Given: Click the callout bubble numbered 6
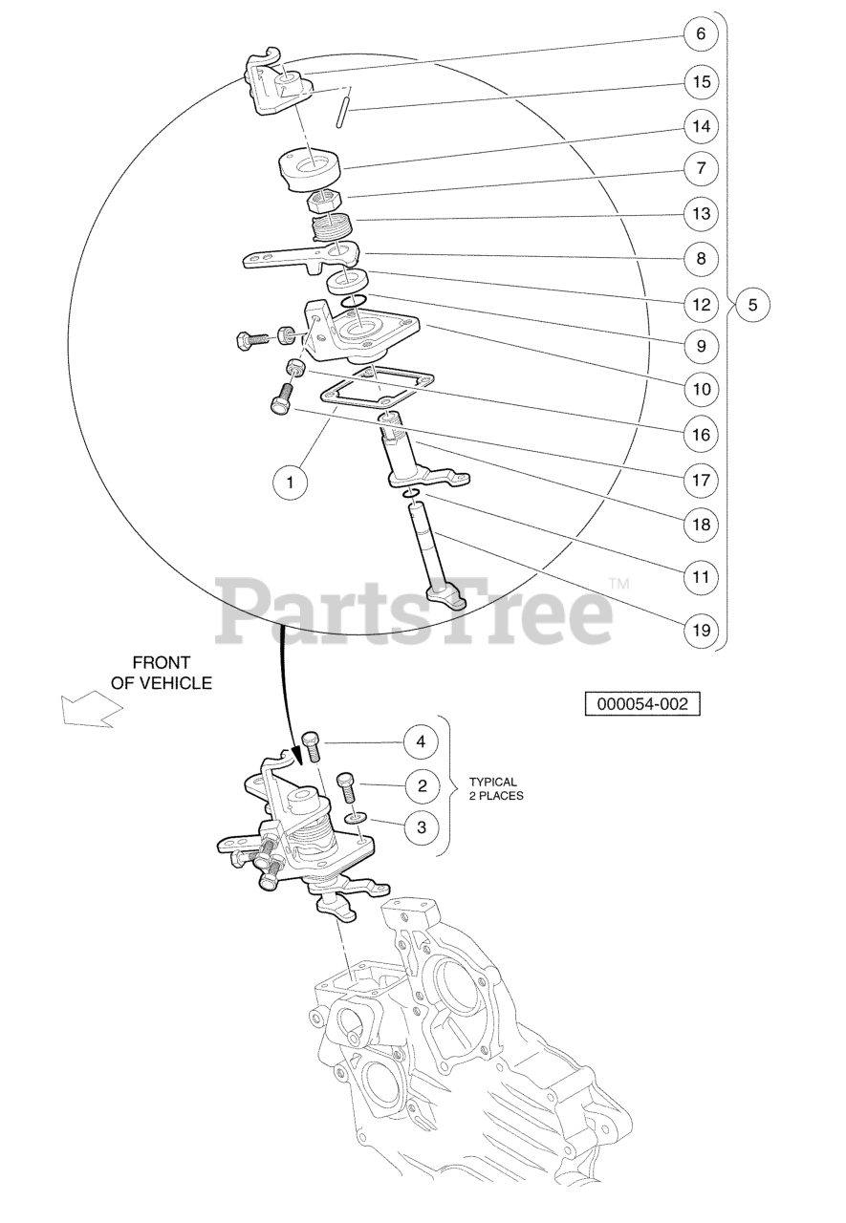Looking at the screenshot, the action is [702, 33].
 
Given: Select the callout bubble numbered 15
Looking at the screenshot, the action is [702, 82].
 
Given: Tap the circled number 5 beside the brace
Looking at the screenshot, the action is [752, 305].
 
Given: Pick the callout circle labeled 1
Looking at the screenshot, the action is [290, 483].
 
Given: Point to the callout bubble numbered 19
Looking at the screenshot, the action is [702, 631].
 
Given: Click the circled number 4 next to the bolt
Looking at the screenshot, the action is [421, 742].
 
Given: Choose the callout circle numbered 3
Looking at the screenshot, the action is [422, 827].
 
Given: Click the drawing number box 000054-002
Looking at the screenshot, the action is [641, 704].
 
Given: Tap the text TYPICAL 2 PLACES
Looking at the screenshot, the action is [496, 789].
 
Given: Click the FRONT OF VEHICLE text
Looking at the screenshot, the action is [162, 673].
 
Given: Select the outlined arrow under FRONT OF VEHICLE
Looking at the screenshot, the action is [91, 709].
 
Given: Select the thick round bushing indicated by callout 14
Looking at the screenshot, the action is [310, 170].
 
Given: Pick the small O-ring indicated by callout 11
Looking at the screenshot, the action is [411, 494].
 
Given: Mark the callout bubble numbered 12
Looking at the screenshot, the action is [702, 305].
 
